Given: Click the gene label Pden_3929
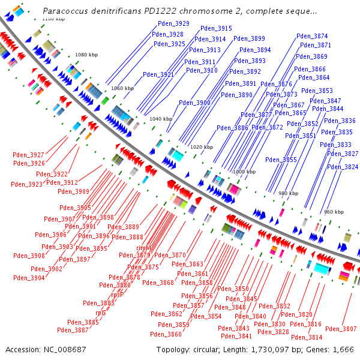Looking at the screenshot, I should [173, 23].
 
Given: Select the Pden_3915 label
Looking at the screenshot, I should [216, 28].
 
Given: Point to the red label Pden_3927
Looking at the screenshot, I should [28, 155].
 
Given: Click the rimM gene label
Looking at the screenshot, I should [143, 247].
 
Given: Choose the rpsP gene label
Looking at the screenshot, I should [117, 295].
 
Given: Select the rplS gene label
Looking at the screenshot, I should [100, 313].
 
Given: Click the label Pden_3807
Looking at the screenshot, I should [341, 329].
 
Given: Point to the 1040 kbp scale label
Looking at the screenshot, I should [160, 119].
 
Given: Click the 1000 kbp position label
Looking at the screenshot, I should [244, 172].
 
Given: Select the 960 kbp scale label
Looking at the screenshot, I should [334, 212].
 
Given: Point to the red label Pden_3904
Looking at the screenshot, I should [29, 278].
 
